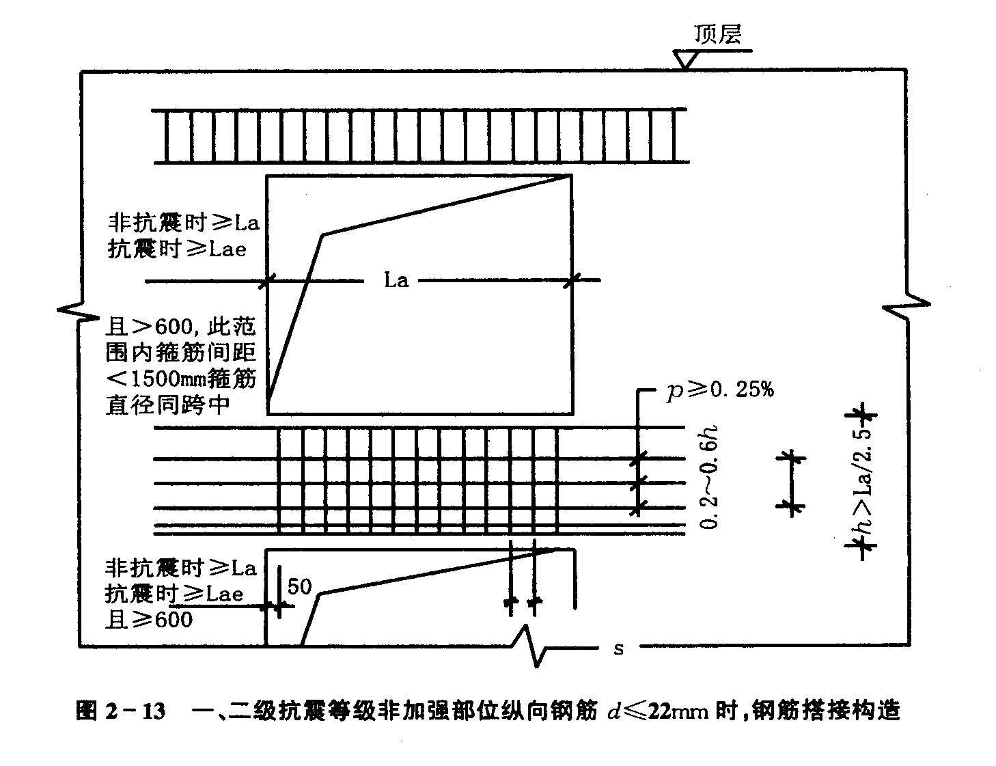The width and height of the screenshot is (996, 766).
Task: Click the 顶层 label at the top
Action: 717,34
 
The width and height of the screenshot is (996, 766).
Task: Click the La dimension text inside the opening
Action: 396,280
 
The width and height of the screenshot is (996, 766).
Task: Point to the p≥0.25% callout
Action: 720,389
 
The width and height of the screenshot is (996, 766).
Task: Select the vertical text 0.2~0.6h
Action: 709,477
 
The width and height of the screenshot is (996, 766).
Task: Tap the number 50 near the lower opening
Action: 299,586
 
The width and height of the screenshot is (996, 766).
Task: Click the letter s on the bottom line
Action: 619,648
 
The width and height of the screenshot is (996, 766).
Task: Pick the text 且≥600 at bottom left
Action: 149,620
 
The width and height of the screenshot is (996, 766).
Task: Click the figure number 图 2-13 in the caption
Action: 120,711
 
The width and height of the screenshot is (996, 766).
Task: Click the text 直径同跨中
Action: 168,405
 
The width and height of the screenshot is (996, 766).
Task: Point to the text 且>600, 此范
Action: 180,327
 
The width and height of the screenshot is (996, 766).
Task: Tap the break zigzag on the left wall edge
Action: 79,312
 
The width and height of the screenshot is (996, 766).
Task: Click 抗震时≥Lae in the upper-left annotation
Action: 178,249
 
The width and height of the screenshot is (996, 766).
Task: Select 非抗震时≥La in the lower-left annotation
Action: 180,569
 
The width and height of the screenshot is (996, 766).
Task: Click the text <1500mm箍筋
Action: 180,379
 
